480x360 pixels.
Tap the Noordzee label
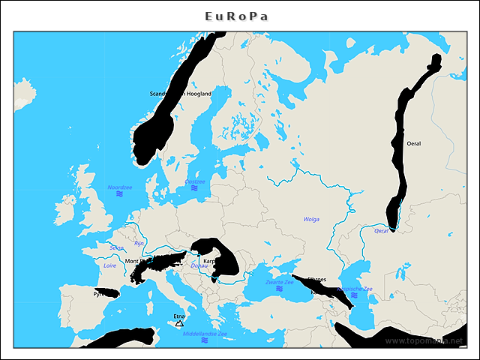tap(119, 187)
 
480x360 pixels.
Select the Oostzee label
tap(194, 181)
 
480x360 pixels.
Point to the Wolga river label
tap(311, 219)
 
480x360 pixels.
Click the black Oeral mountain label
tap(413, 142)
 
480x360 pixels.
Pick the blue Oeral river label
tap(382, 231)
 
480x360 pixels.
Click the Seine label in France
tap(116, 247)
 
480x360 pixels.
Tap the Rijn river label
tap(139, 243)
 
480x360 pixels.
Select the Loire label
tap(110, 265)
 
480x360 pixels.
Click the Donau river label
tap(199, 265)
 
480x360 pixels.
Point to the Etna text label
tap(178, 316)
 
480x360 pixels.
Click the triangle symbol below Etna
tap(178, 324)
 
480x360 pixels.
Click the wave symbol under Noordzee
tap(119, 194)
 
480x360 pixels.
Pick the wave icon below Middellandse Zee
tap(204, 340)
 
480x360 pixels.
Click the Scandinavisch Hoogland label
tap(181, 94)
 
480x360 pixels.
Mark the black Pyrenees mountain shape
tap(106, 292)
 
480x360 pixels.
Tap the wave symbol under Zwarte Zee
tap(279, 289)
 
